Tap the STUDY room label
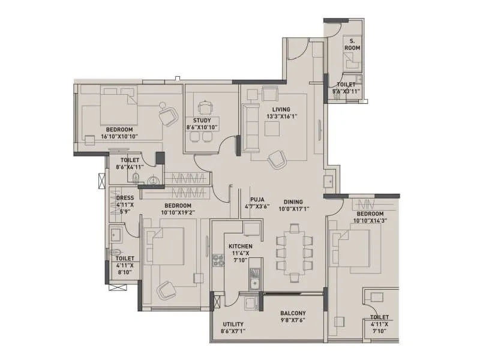pos(201,120)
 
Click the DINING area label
pos(293,202)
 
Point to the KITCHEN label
pos(240,246)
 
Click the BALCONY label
pos(293,313)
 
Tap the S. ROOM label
pos(351,44)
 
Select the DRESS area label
pos(125,198)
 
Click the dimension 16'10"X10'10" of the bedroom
pos(119,136)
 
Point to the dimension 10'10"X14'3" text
pos(370,221)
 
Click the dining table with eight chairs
pos(293,252)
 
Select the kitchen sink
pos(254,282)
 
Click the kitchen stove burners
pos(217,260)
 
